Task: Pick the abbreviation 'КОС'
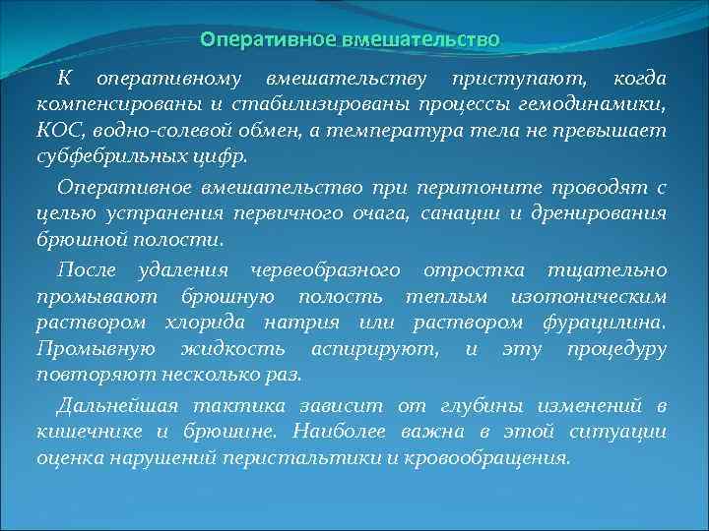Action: (x=59, y=130)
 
